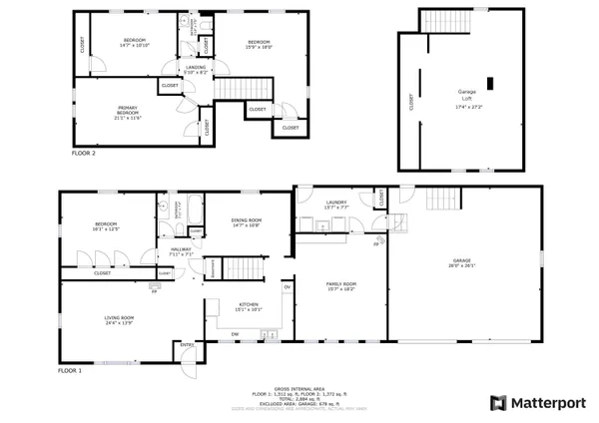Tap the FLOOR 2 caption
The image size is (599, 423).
pos(84,155)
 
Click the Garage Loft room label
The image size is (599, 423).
pos(459,95)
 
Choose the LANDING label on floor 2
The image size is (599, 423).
pos(195,68)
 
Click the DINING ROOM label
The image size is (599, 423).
pos(246,220)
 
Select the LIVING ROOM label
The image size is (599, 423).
pos(119,318)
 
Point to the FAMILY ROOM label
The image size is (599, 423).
pos(340,284)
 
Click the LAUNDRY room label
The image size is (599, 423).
pos(336,203)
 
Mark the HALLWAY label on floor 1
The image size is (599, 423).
pos(181,250)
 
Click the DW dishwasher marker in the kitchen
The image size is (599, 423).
pos(236,333)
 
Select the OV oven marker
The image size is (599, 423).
pos(287,287)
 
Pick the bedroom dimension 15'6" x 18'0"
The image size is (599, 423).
pos(260,46)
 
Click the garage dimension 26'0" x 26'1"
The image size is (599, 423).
pos(460,265)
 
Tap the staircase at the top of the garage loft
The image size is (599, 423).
pos(442,20)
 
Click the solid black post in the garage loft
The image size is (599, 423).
pos(489,84)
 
